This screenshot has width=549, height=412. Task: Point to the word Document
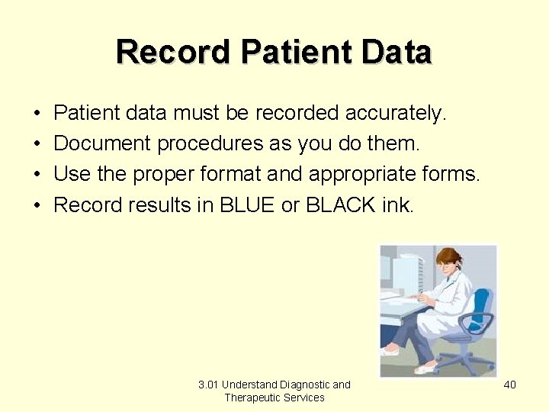(x=103, y=143)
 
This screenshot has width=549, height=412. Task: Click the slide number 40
(x=509, y=385)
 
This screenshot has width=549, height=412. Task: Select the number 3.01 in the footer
(x=207, y=385)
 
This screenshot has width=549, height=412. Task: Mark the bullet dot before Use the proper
(x=37, y=174)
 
